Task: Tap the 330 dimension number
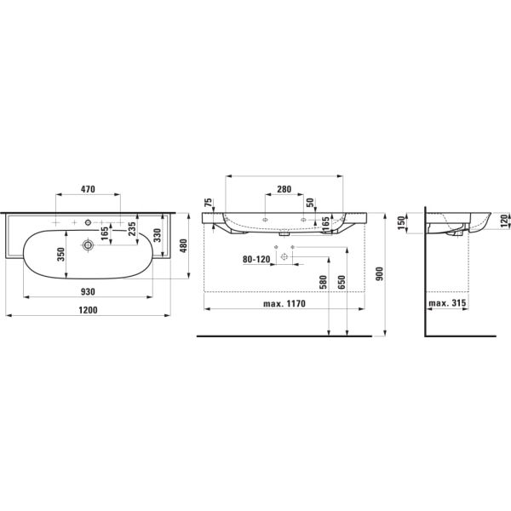[156, 235]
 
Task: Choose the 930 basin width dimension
[88, 291]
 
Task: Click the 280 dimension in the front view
[284, 189]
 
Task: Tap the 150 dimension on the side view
[401, 222]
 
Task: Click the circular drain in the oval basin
[87, 245]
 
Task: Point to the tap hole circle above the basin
[87, 222]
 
